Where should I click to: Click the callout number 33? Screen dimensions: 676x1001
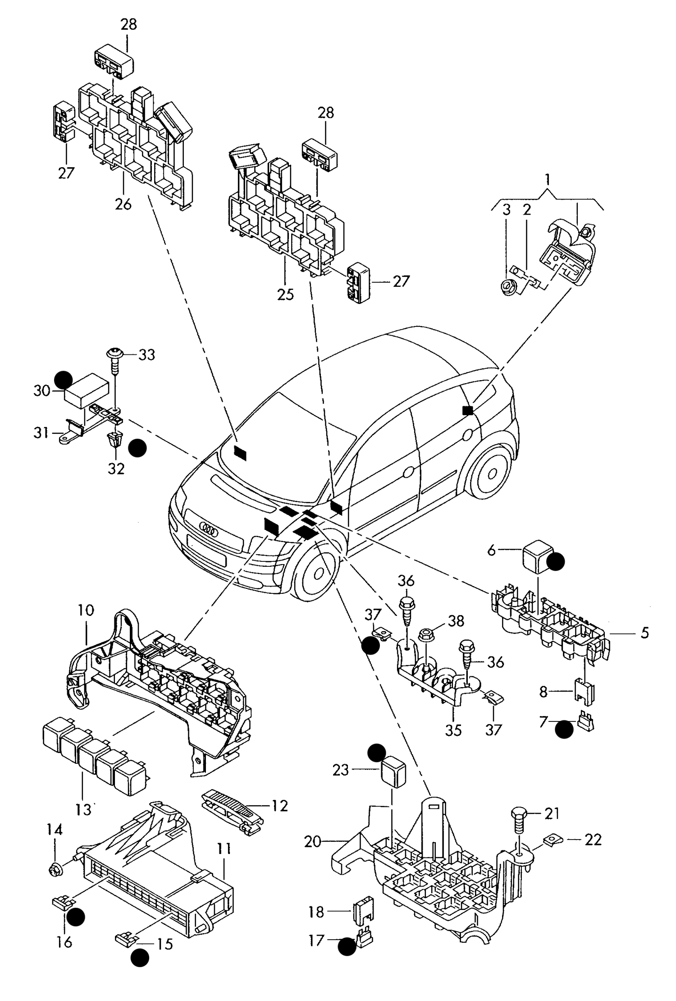[146, 355]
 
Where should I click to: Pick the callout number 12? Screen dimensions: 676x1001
[279, 805]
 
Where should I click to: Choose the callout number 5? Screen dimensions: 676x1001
[644, 633]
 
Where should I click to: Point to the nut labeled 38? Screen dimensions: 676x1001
[426, 634]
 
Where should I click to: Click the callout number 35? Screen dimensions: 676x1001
[453, 730]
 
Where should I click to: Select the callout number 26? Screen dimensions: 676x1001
[123, 204]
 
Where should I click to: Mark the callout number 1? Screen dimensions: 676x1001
[547, 179]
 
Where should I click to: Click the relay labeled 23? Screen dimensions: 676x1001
[394, 771]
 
